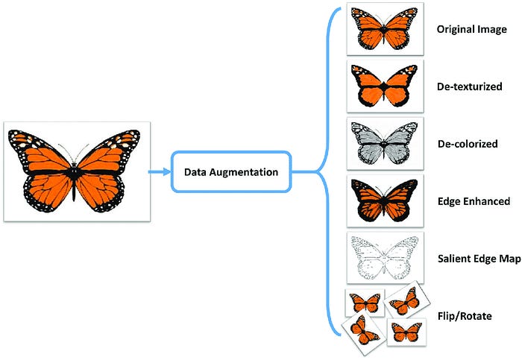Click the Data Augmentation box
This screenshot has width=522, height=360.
pyautogui.click(x=232, y=172)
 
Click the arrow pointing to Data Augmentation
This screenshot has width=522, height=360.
pyautogui.click(x=159, y=172)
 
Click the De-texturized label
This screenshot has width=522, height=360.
pyautogui.click(x=467, y=86)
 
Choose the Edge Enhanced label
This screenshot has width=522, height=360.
pyautogui.click(x=473, y=201)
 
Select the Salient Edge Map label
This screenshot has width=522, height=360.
pyautogui.click(x=478, y=258)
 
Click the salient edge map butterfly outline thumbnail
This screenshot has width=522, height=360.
pyautogui.click(x=386, y=257)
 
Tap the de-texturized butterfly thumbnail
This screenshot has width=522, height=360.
pyautogui.click(x=386, y=86)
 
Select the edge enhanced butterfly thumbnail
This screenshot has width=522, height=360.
pyautogui.click(x=386, y=200)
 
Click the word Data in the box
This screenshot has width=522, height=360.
pyautogui.click(x=196, y=172)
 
